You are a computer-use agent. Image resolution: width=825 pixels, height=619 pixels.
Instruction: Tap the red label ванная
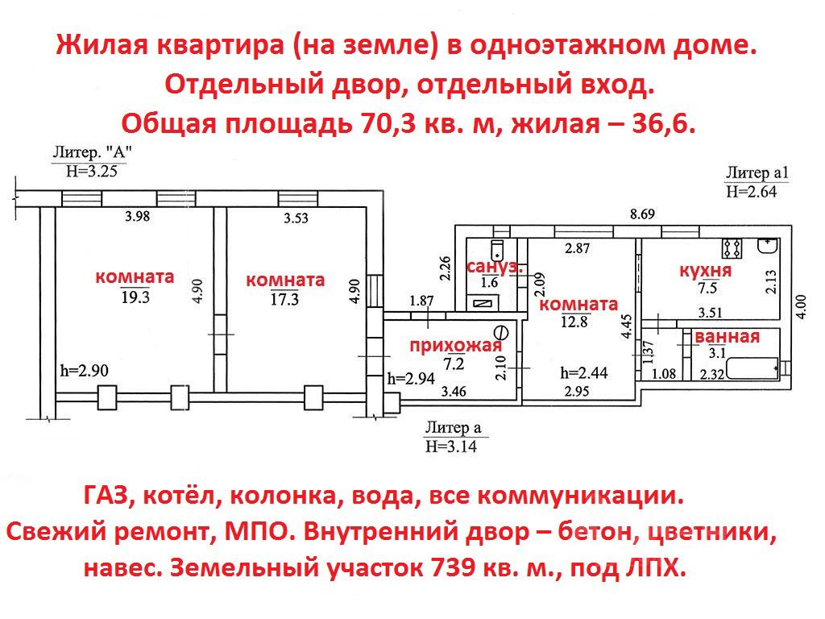[727, 337]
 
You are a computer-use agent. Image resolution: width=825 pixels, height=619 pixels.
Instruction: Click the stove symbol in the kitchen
[732, 245]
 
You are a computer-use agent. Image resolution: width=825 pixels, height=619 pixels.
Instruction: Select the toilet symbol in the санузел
[497, 247]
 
